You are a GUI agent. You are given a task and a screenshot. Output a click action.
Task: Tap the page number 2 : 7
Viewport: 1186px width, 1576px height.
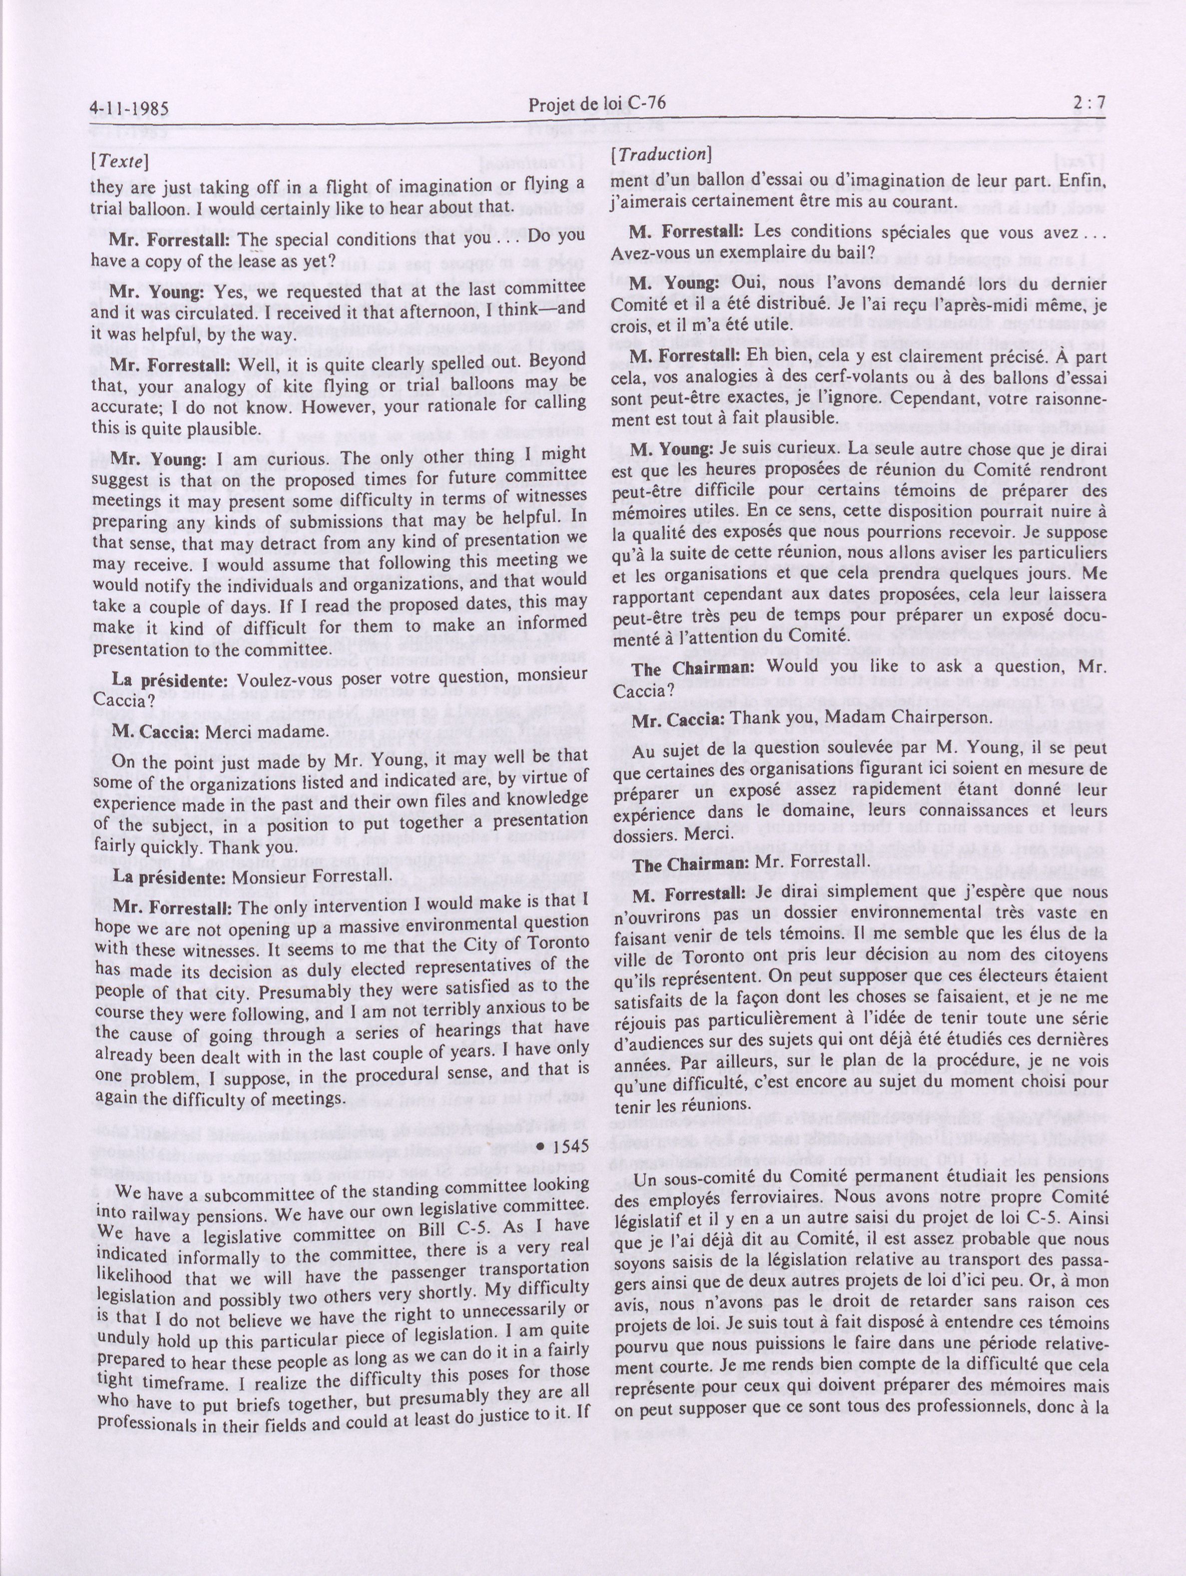(x=1088, y=103)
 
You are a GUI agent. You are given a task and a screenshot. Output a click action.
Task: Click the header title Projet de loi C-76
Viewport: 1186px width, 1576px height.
(x=597, y=105)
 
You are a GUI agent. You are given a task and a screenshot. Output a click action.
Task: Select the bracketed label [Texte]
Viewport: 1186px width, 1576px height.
(x=119, y=161)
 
